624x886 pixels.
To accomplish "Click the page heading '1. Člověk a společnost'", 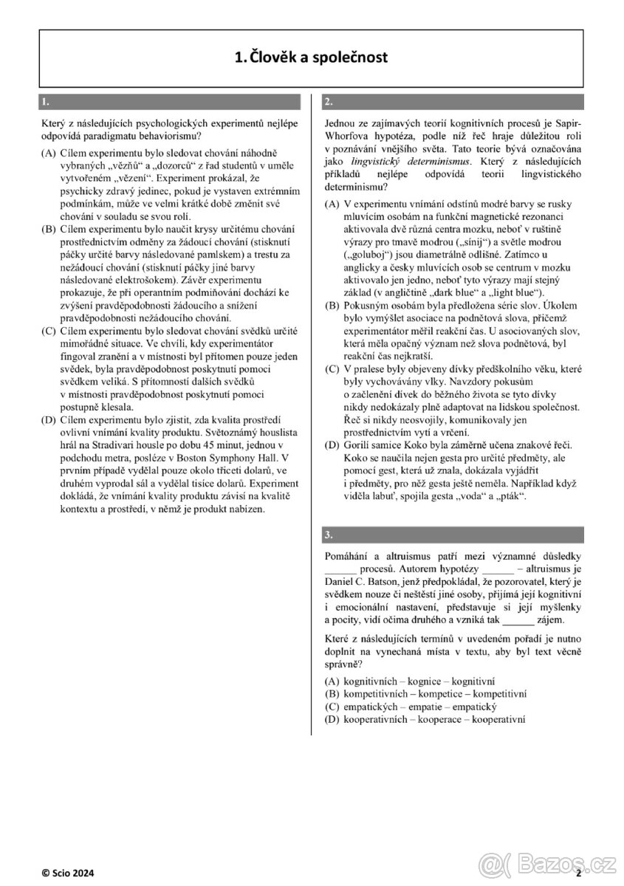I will [310, 56].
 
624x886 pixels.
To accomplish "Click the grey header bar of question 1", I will [171, 102].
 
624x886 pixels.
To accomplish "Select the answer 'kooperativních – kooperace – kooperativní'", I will [434, 718].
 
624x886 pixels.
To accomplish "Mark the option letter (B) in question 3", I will [332, 694].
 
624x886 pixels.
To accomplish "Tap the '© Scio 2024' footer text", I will [67, 872].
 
